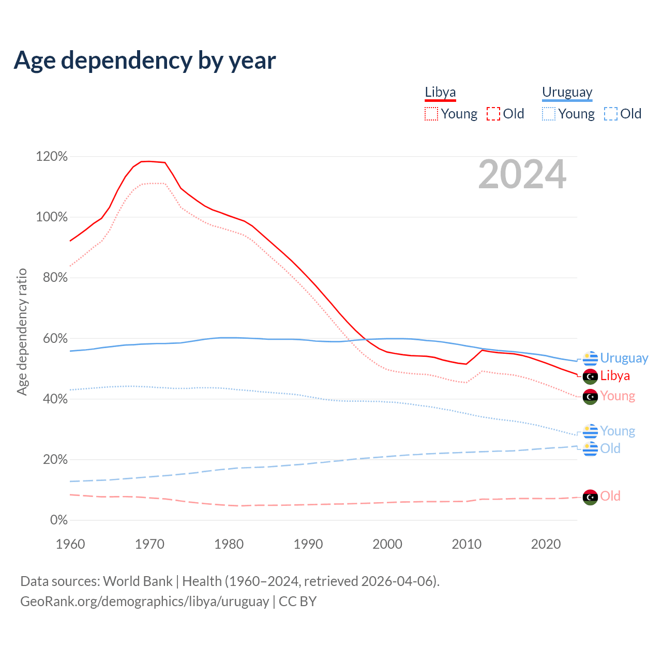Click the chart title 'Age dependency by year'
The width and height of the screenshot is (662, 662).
click(x=145, y=61)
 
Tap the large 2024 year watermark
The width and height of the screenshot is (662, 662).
click(x=522, y=174)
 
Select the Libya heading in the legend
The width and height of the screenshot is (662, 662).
click(x=440, y=93)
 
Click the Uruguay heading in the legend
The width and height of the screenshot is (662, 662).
click(x=567, y=93)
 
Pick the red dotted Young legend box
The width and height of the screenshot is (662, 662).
click(x=431, y=114)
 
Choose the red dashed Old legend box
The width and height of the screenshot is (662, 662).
click(x=493, y=114)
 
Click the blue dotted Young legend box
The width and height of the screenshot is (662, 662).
click(x=549, y=114)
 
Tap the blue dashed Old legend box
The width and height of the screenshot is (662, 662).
click(x=611, y=114)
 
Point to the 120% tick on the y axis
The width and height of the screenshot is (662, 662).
click(x=52, y=156)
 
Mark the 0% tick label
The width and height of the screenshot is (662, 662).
click(x=59, y=520)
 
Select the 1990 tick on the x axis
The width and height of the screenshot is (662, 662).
click(x=308, y=544)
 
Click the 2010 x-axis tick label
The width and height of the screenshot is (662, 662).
click(x=467, y=544)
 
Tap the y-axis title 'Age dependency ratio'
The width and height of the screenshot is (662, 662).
click(x=22, y=332)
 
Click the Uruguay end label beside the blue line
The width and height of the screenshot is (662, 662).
click(x=624, y=358)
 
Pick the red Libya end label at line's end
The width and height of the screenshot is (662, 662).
click(x=615, y=375)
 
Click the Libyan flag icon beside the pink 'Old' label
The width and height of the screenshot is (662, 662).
click(x=590, y=497)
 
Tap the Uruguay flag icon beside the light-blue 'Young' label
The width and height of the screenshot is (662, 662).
click(x=590, y=431)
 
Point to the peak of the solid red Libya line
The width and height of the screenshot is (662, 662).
click(x=148, y=161)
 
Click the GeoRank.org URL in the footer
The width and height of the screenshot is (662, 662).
click(x=144, y=601)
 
